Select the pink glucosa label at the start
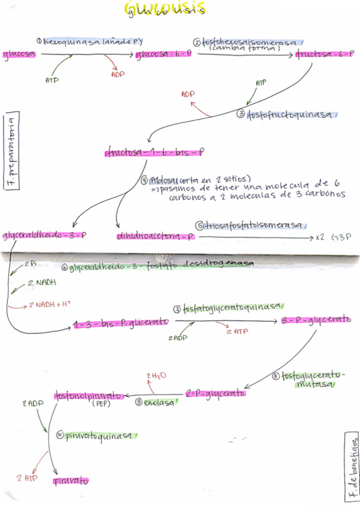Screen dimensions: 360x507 pos(19,54)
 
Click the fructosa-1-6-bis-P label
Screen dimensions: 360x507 pos(155,153)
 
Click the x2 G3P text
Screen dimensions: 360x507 pos(335,237)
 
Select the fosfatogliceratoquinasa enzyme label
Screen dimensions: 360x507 pos(233,307)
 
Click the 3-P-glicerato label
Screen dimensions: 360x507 pos(316,320)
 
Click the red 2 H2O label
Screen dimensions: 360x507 pos(156,375)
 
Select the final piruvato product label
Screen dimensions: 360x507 pos(71,480)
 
